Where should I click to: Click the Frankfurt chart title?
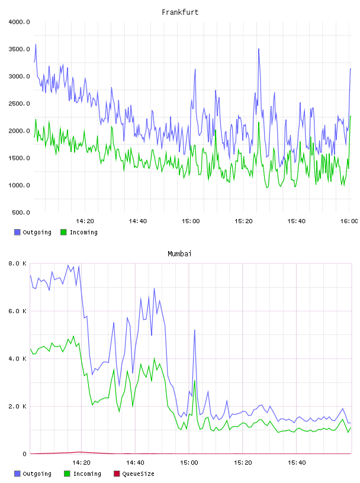(x=180, y=12)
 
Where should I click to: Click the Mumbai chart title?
(x=179, y=254)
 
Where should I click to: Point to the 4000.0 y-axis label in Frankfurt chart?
(x=19, y=22)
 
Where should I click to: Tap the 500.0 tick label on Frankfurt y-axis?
(x=21, y=212)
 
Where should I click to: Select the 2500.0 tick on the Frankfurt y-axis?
(x=19, y=104)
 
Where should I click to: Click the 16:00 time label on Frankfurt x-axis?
(x=349, y=221)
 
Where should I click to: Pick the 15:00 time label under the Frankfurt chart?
(x=191, y=221)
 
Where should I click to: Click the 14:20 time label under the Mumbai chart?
(x=81, y=463)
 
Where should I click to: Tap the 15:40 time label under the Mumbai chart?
(x=297, y=463)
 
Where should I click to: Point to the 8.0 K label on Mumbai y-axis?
(x=18, y=263)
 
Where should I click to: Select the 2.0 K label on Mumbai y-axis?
(x=18, y=406)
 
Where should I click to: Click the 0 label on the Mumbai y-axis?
(x=25, y=454)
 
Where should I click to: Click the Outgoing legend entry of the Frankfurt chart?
(x=33, y=232)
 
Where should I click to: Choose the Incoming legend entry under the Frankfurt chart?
(x=79, y=232)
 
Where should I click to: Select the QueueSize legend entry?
(x=134, y=474)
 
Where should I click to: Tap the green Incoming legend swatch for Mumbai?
(x=67, y=474)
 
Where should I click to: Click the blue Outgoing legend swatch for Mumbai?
(x=17, y=474)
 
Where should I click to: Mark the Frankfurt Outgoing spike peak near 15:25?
(x=259, y=49)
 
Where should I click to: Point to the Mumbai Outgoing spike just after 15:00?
(x=194, y=330)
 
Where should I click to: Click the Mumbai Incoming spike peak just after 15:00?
(x=194, y=381)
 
